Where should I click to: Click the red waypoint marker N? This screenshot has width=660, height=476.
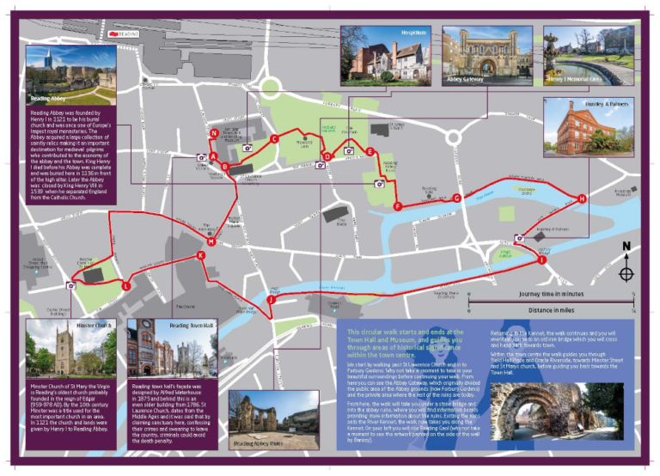tap(213, 133)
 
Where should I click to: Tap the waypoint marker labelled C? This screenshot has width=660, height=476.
tap(274, 138)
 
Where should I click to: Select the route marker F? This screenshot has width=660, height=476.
tap(397, 206)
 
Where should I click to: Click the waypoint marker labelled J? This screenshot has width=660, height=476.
tap(271, 300)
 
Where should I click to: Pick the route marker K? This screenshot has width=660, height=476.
tap(200, 255)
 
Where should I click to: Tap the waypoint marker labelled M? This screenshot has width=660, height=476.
tap(210, 242)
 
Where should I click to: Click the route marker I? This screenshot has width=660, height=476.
tap(542, 259)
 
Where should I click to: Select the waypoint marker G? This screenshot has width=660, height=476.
tap(456, 198)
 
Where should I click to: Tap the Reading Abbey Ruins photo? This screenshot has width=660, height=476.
tap(268, 421)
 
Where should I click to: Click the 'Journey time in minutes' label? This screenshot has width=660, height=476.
tap(552, 292)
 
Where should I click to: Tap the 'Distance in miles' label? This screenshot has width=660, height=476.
tap(552, 309)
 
